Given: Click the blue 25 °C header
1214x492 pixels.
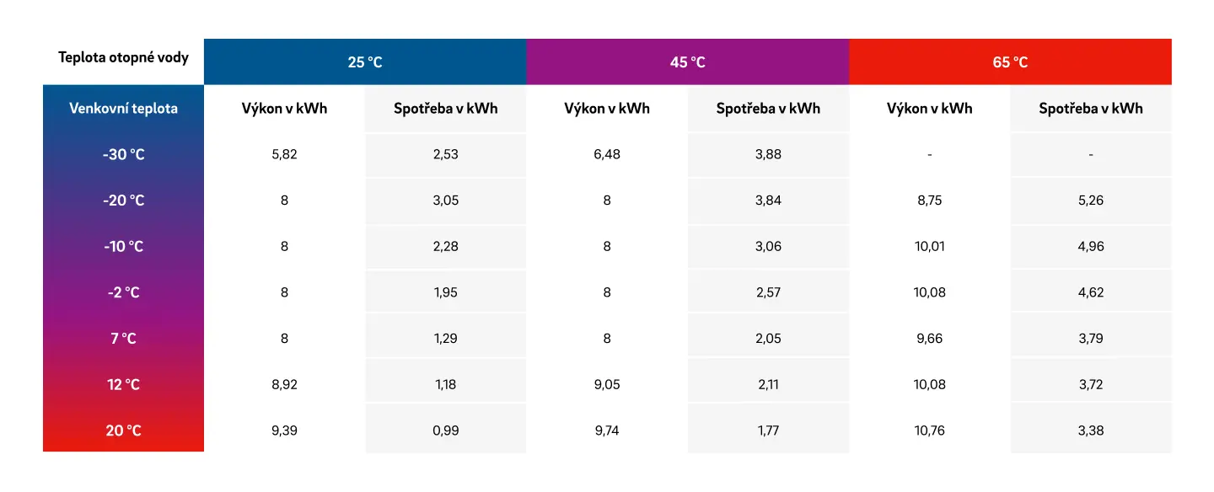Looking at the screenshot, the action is coord(365,61).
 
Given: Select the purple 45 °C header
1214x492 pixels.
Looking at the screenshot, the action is coord(688,61).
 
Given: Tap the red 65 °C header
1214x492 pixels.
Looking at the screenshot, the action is coord(1010,61).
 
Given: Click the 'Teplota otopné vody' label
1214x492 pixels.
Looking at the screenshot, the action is coord(124,57).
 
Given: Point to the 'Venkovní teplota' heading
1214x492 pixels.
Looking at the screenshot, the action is coord(124,109).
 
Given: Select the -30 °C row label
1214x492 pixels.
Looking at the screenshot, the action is coord(124,154).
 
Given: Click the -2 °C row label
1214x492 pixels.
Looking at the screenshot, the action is coord(124,292).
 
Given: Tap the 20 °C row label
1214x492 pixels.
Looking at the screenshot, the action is coord(124,430).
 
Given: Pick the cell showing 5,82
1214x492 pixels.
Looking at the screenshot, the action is coord(285,154).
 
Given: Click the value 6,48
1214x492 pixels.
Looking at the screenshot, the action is coord(607,154).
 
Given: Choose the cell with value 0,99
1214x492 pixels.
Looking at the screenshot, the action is coord(445,430).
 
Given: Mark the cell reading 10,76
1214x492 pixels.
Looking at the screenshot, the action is coord(929,430).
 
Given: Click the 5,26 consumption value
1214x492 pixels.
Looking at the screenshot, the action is coord(1091,201).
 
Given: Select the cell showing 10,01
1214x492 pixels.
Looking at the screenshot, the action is coord(929,247).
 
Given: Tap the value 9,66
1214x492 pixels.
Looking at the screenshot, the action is coord(929,339).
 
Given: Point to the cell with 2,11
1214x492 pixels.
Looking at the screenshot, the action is coord(769,385).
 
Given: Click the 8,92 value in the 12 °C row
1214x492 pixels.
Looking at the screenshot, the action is coord(285,385).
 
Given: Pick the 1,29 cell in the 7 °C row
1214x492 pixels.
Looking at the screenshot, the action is coord(445,339).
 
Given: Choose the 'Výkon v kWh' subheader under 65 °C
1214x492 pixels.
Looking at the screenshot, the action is coord(929,109).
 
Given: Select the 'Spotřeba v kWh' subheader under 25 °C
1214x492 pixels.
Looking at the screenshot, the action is coord(445,109).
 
